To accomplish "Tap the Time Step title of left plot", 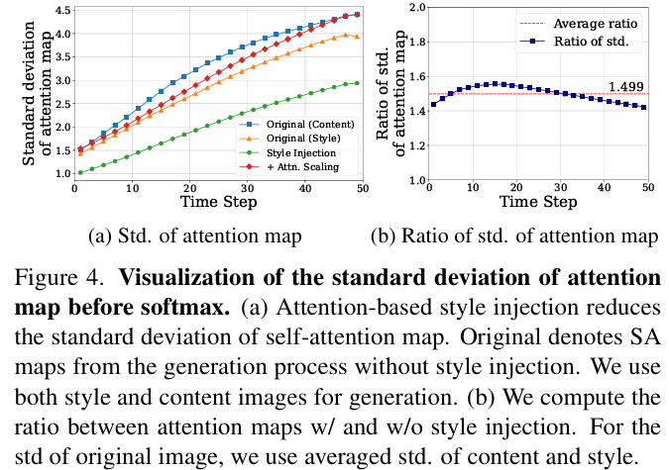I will pyautogui.click(x=219, y=202).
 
